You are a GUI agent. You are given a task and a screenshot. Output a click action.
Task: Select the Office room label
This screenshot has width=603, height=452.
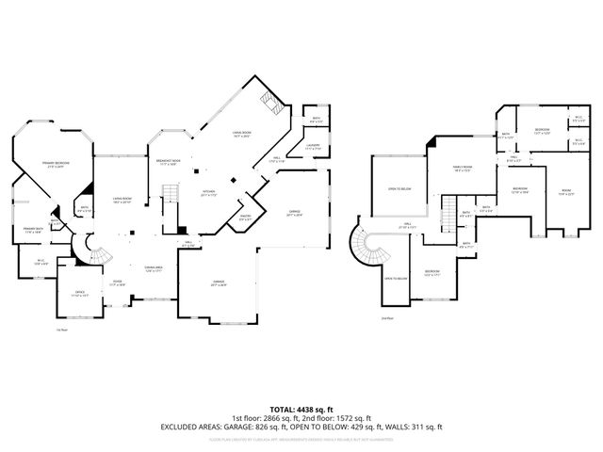pyautogui.click(x=80, y=293)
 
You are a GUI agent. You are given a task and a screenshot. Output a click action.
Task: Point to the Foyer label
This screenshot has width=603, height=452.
pyautogui.click(x=118, y=282)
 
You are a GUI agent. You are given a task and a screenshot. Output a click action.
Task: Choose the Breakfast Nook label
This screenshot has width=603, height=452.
pyautogui.click(x=167, y=162)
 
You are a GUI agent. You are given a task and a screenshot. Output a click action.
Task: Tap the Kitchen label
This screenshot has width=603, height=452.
pyautogui.click(x=209, y=193)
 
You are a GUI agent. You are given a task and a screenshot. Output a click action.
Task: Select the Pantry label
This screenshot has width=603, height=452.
pyautogui.click(x=245, y=218)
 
